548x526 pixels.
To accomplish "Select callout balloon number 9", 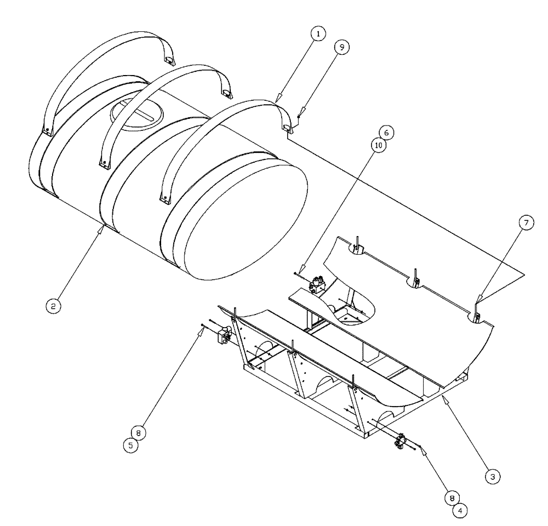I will (x=341, y=48).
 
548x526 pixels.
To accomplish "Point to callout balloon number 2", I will (x=53, y=306).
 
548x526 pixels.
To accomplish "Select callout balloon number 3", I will (x=493, y=477).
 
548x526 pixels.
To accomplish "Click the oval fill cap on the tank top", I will (x=137, y=112).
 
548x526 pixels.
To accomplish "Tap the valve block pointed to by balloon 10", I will (x=318, y=285).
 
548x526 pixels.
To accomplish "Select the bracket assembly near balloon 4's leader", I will (x=400, y=441).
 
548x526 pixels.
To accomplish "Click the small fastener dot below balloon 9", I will (x=297, y=116).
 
